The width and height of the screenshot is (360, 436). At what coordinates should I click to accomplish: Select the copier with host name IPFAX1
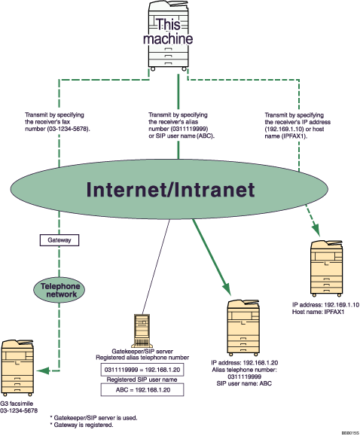click(x=325, y=269)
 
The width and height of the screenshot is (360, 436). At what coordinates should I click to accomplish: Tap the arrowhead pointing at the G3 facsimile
click(x=45, y=369)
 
